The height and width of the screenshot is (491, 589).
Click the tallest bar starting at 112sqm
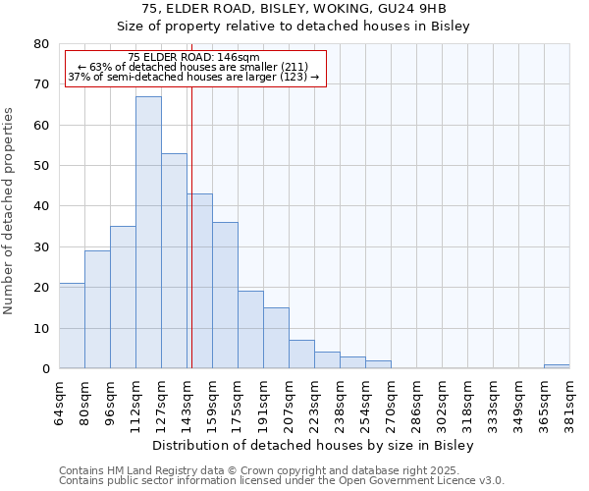point(148,233)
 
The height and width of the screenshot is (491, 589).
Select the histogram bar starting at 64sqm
point(72,326)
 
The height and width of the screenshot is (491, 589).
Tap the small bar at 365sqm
point(557,366)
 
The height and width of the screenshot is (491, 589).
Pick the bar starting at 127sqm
point(174,261)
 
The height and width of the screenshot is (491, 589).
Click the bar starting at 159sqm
point(225,296)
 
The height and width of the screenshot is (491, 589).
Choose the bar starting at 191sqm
point(276,338)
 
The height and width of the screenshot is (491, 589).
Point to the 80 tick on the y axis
point(41,44)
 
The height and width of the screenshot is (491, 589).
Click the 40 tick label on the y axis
point(41,206)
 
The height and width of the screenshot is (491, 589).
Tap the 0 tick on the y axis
point(45,369)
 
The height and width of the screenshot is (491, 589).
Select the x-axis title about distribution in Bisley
point(314,446)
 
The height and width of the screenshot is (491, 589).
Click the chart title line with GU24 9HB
point(294,9)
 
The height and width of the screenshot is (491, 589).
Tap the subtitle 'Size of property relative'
point(294,27)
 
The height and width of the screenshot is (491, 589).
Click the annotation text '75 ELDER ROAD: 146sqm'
point(193,58)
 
